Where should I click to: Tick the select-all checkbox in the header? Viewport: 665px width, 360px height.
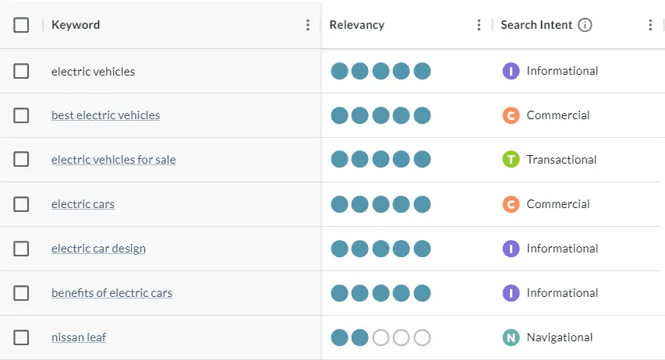[21, 25]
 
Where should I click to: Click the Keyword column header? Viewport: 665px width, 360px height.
[76, 25]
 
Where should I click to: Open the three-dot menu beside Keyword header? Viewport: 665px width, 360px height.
[308, 25]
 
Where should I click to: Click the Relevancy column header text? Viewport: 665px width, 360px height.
[356, 25]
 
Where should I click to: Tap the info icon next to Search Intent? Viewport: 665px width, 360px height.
[585, 25]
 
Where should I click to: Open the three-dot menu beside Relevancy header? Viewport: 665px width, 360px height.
[479, 25]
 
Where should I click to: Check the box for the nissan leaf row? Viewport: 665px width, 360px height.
[21, 337]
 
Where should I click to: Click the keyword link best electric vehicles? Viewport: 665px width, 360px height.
[105, 115]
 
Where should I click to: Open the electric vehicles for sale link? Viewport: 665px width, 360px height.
[113, 160]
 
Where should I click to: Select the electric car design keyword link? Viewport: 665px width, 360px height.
[98, 249]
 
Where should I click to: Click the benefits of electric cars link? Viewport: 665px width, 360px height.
[111, 293]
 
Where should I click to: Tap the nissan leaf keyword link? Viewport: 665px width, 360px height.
[79, 337]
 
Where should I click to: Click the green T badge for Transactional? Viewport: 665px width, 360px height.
[511, 160]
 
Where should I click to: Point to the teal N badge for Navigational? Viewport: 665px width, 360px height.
[511, 337]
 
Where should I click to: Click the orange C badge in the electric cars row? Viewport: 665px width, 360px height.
[511, 204]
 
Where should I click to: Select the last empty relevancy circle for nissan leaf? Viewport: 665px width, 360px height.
[422, 337]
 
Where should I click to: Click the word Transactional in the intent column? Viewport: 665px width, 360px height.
[561, 160]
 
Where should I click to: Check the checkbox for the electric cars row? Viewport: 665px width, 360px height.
[21, 204]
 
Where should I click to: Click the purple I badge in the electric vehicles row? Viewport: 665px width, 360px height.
[511, 71]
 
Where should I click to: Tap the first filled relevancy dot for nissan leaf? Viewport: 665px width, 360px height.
[339, 337]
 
